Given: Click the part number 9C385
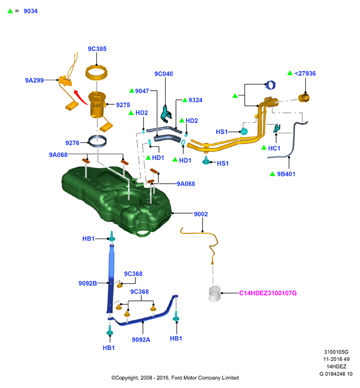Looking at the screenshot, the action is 97,49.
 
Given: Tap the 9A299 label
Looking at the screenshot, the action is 34,80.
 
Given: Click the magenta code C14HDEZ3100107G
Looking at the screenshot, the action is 268,293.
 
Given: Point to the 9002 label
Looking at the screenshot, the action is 201,214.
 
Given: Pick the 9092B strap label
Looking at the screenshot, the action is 88,283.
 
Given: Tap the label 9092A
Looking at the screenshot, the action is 141,340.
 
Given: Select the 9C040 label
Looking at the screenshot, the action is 164,74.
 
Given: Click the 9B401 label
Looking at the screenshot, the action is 286,174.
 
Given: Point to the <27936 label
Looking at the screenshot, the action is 305,73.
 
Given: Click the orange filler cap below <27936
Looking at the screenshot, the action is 304,98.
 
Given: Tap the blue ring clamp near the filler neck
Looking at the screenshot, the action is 270,85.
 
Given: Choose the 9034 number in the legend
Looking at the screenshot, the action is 30,11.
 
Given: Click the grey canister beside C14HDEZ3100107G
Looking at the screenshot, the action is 215,293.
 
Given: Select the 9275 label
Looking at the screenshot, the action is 123,105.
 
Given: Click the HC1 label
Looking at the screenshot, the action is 274,148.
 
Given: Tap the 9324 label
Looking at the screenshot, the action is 195,100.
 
